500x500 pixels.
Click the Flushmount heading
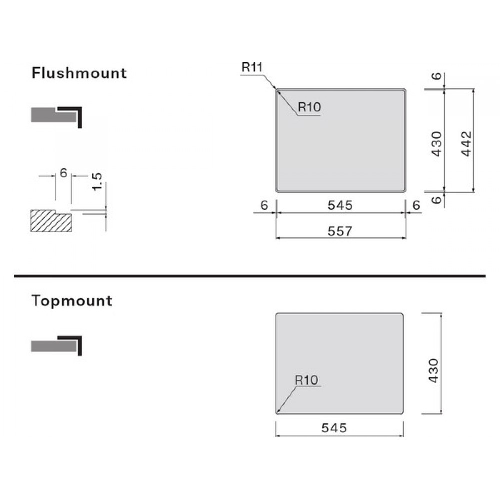pyautogui.click(x=79, y=73)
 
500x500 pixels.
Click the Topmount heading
pyautogui.click(x=72, y=301)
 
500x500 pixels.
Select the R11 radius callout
pyautogui.click(x=252, y=67)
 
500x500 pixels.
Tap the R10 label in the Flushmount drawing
pyautogui.click(x=309, y=107)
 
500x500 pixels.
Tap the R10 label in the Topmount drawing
pyautogui.click(x=307, y=380)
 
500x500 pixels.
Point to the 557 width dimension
pyautogui.click(x=340, y=231)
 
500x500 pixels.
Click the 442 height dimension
pyautogui.click(x=466, y=144)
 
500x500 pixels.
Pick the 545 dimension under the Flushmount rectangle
pyautogui.click(x=340, y=205)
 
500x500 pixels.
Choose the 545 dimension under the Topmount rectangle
pyautogui.click(x=334, y=428)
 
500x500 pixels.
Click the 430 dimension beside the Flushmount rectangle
pyautogui.click(x=437, y=144)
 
